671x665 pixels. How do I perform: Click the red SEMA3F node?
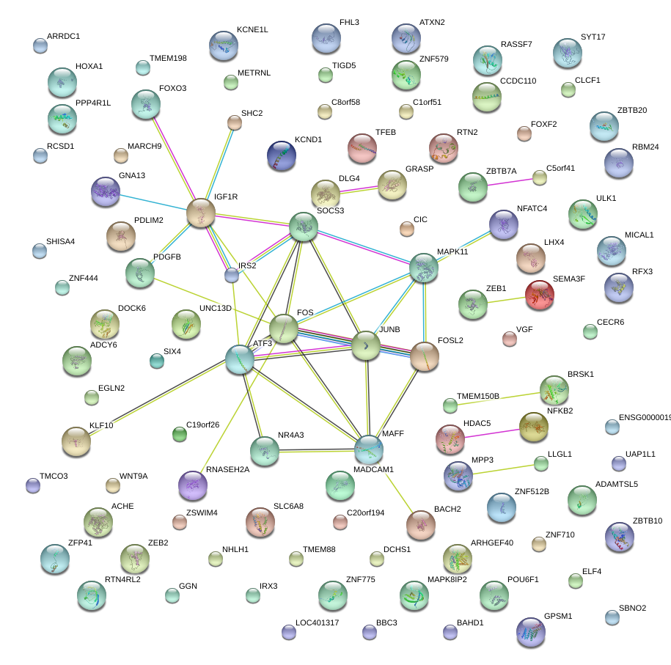(540, 295)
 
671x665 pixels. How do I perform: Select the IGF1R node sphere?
(201, 213)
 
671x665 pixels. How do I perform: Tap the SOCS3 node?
(304, 227)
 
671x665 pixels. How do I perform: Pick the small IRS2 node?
(232, 275)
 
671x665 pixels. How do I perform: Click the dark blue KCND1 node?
(282, 155)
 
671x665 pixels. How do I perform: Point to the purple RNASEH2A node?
(193, 485)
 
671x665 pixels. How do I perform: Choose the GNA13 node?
(106, 191)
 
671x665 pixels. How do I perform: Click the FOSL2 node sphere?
(424, 356)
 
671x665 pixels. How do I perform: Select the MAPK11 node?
(424, 268)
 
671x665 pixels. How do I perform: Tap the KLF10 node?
(76, 440)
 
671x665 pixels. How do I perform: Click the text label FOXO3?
(173, 89)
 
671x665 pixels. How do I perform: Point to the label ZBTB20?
(632, 111)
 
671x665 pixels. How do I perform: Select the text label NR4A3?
(290, 435)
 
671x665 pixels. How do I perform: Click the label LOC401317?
(317, 623)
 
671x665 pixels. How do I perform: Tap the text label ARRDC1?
(63, 36)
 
